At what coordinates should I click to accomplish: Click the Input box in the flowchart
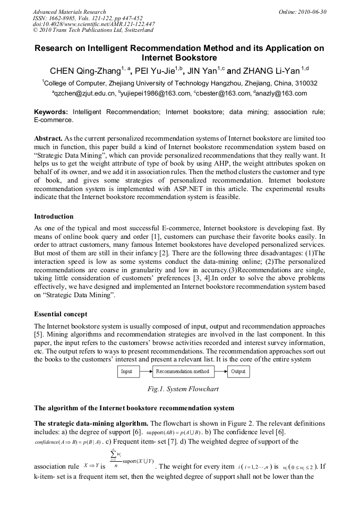127,372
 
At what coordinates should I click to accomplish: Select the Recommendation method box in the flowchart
182,372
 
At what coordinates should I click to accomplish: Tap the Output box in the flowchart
238,372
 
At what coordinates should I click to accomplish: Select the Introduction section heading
54,217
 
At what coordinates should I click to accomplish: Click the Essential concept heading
61,313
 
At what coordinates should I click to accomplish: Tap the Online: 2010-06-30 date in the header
303,12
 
